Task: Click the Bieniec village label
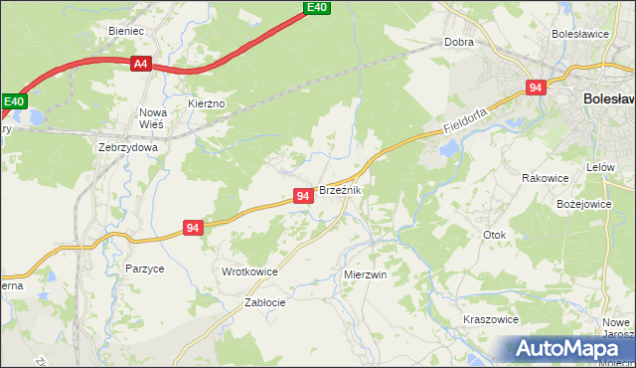click(127, 31)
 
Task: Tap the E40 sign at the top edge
click(316, 7)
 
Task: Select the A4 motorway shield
click(140, 64)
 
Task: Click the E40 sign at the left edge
click(13, 101)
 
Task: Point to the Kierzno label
click(207, 103)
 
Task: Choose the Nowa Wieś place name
click(153, 118)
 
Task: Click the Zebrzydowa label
click(128, 146)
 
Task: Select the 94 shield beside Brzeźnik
click(303, 197)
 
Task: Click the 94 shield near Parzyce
click(194, 228)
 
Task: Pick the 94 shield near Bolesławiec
click(536, 88)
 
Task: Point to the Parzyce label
click(144, 269)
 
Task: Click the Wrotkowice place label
click(248, 272)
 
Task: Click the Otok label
click(494, 236)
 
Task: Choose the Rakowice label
click(545, 178)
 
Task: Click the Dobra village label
click(458, 44)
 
